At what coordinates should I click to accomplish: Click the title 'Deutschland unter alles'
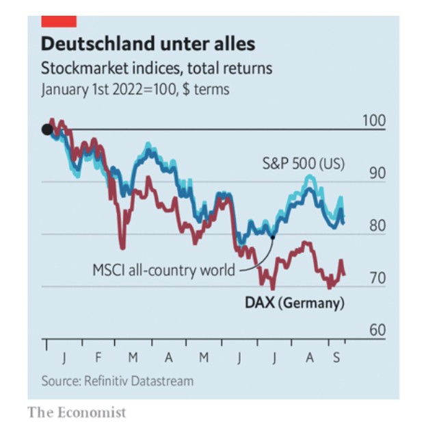[x=148, y=45]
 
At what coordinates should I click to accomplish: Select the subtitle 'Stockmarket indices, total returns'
[x=157, y=68]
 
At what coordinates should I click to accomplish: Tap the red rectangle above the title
[x=59, y=21]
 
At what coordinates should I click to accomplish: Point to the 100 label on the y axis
[x=374, y=121]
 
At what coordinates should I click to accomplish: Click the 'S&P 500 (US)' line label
[x=304, y=164]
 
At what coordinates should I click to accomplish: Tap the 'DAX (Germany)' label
[x=294, y=303]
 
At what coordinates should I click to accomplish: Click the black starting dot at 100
[x=47, y=129]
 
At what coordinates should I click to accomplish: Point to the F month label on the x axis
[x=98, y=358]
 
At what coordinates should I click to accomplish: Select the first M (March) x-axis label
[x=133, y=358]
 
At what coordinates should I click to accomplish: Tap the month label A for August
[x=309, y=358]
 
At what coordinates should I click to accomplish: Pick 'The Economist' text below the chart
[x=77, y=412]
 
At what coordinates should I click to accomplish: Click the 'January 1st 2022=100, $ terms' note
[x=135, y=89]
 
